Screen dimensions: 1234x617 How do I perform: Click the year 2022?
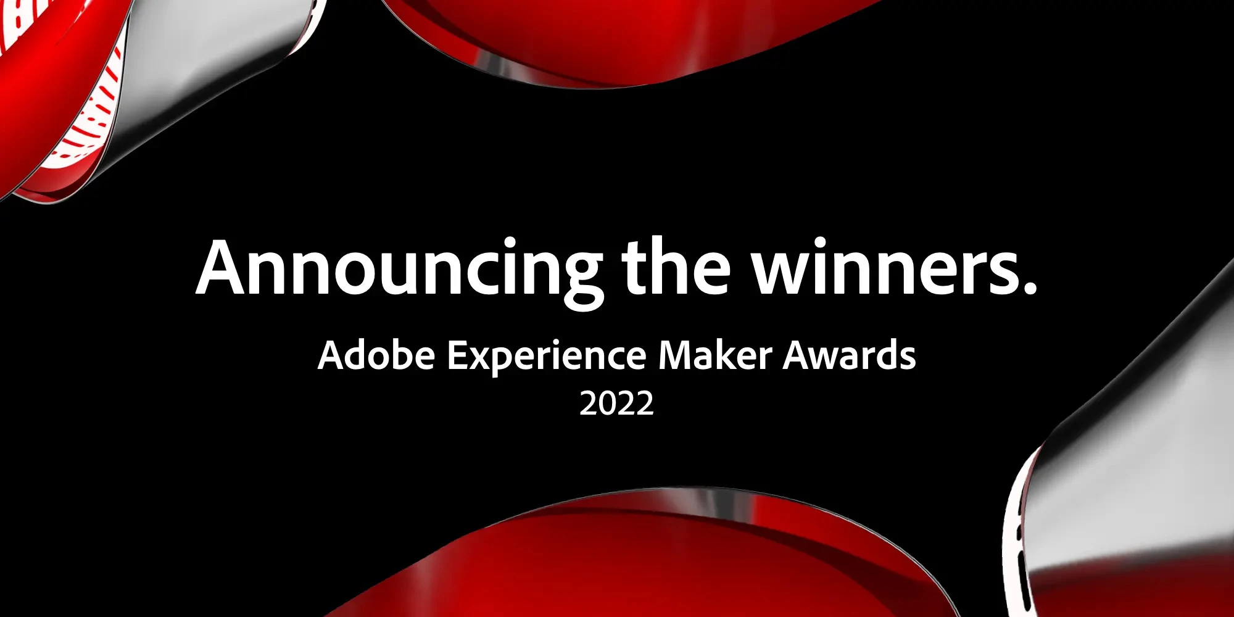616,404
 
